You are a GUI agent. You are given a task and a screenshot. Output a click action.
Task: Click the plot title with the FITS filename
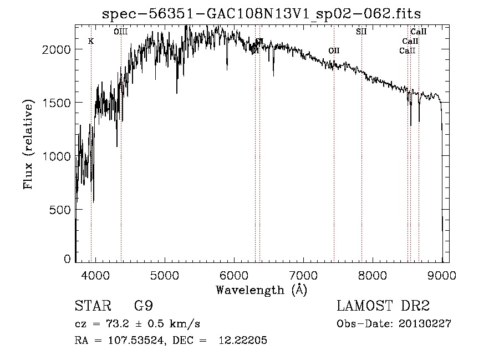(x=266, y=14)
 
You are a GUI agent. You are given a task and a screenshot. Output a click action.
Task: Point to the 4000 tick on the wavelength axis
(x=95, y=275)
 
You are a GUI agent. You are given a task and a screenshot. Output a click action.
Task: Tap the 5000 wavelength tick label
(x=164, y=275)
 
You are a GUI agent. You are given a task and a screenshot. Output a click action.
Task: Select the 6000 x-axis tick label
(x=234, y=275)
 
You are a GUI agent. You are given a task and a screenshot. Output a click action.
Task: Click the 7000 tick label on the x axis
(x=303, y=275)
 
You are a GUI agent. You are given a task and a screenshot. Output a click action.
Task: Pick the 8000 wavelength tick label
(x=373, y=275)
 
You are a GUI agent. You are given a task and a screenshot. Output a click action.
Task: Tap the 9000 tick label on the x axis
(x=442, y=275)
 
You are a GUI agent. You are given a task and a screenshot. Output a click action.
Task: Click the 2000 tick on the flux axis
(x=57, y=49)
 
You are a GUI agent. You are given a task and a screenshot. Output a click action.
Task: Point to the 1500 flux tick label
(x=57, y=103)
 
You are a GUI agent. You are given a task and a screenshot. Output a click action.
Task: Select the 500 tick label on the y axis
(x=60, y=210)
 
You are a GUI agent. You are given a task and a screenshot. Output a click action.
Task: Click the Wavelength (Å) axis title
(x=261, y=290)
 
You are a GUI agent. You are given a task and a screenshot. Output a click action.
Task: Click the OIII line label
(x=120, y=32)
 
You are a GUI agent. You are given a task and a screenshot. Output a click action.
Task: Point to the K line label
(x=91, y=42)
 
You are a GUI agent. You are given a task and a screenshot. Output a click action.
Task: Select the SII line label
(x=361, y=32)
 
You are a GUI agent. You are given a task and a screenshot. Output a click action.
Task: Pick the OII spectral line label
(x=334, y=51)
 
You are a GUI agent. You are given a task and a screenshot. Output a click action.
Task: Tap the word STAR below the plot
(x=92, y=306)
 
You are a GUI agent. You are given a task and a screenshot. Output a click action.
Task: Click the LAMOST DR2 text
(x=383, y=306)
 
